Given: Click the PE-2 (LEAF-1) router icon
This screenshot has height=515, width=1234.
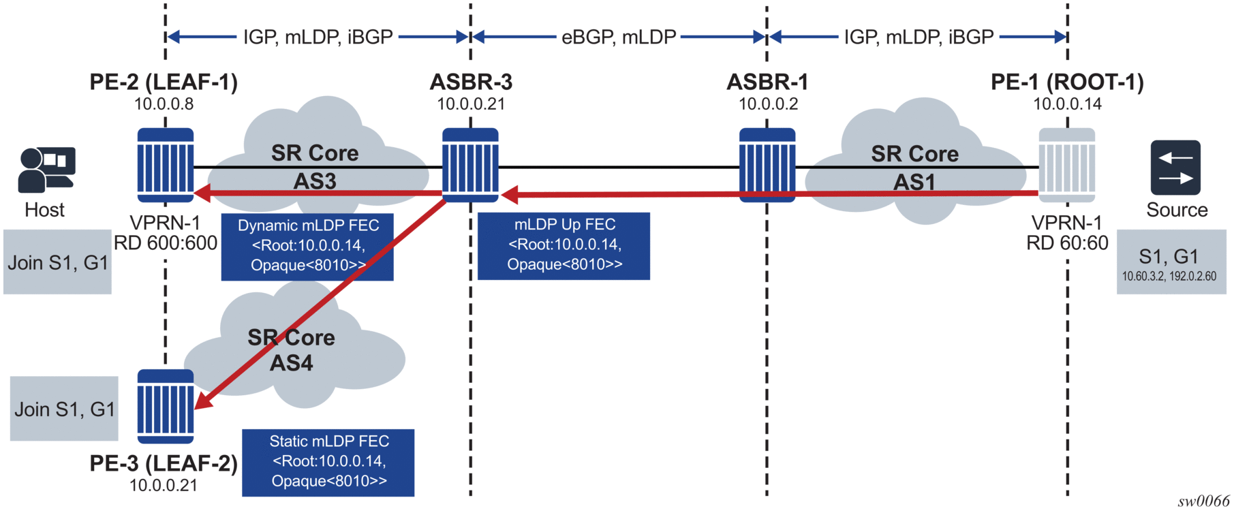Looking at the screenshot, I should [x=166, y=165].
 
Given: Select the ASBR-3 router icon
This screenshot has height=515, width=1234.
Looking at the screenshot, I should [x=470, y=165].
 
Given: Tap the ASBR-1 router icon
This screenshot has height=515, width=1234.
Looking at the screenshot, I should [x=767, y=165].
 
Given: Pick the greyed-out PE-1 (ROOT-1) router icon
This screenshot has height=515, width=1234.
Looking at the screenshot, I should [x=1066, y=165].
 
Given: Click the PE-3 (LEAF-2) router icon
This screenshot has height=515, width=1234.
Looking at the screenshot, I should [x=166, y=406].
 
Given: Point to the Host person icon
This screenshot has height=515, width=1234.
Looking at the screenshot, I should [x=46, y=170].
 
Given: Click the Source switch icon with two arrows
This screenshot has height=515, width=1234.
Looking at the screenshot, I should [x=1175, y=168].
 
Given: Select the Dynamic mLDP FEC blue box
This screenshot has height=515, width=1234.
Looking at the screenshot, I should [x=307, y=247].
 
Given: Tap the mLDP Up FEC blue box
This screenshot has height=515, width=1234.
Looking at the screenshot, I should [x=564, y=246].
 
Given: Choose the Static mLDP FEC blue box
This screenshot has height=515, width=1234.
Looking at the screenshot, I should [x=328, y=463].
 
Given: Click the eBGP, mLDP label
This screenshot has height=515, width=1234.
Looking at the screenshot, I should [x=619, y=37].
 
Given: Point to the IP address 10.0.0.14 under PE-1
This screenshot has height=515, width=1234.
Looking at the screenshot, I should [x=1067, y=104].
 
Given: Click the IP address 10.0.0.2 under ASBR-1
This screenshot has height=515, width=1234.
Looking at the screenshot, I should [x=768, y=104].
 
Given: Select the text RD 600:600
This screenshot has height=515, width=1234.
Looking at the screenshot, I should [x=166, y=243].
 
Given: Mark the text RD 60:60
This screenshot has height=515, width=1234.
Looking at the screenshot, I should [x=1067, y=243].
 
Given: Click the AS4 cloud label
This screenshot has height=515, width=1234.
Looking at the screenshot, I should [x=291, y=363].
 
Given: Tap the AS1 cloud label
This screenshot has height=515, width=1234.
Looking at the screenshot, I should [x=914, y=183].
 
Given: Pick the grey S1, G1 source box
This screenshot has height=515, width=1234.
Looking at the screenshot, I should [x=1171, y=262].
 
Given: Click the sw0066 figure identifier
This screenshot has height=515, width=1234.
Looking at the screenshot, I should [x=1203, y=501].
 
